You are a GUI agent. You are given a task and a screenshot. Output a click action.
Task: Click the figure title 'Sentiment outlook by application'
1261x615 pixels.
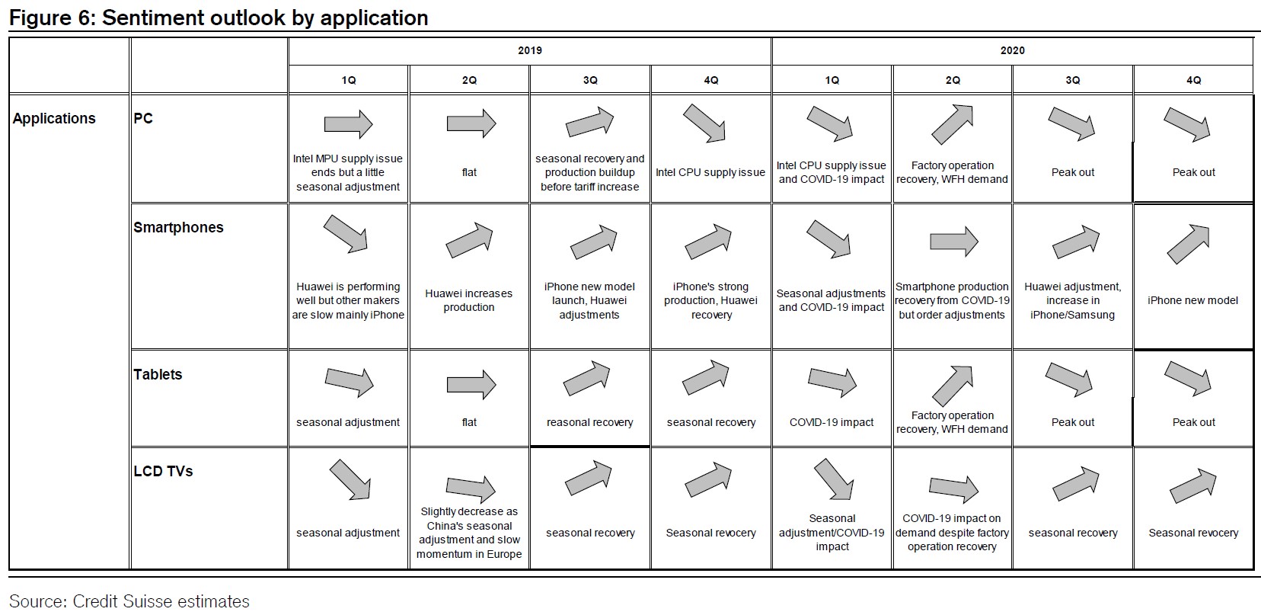[264, 18]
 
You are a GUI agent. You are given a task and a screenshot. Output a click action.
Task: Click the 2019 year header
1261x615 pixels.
[530, 51]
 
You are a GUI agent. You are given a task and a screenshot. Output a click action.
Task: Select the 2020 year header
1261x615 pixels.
[1012, 51]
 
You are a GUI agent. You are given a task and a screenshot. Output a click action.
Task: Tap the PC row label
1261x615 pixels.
[143, 118]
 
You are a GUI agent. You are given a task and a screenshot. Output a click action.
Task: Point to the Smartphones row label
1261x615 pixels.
[178, 228]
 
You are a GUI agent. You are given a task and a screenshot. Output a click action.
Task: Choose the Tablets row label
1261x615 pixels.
[158, 374]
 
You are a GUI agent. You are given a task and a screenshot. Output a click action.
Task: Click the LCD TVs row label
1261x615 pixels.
[163, 471]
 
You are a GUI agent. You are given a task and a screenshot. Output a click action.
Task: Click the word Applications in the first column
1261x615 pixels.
[54, 118]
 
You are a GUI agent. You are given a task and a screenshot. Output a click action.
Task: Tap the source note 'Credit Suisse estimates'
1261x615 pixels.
[161, 601]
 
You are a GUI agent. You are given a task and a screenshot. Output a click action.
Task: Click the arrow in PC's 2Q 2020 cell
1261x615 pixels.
[952, 124]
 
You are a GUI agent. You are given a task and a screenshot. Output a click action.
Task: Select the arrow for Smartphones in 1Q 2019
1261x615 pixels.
[345, 234]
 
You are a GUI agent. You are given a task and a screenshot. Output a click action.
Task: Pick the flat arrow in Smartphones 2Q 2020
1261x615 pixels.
[954, 242]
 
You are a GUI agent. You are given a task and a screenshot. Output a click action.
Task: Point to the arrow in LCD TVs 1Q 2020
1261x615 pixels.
[834, 479]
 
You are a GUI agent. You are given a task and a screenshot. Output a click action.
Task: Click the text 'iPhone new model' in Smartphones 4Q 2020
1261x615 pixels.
[1193, 301]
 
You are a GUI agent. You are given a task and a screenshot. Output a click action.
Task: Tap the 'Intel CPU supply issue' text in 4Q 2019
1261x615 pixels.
[710, 172]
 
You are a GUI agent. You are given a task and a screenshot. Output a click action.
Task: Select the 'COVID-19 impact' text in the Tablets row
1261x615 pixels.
[832, 422]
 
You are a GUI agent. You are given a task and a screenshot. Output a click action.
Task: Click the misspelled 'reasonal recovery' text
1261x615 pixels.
[590, 422]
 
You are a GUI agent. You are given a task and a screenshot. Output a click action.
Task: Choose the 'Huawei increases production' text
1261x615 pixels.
[469, 300]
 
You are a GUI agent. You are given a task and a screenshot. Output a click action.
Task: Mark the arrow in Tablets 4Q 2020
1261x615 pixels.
[1187, 378]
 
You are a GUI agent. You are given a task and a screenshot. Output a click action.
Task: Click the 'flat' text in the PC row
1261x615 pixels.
[469, 172]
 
